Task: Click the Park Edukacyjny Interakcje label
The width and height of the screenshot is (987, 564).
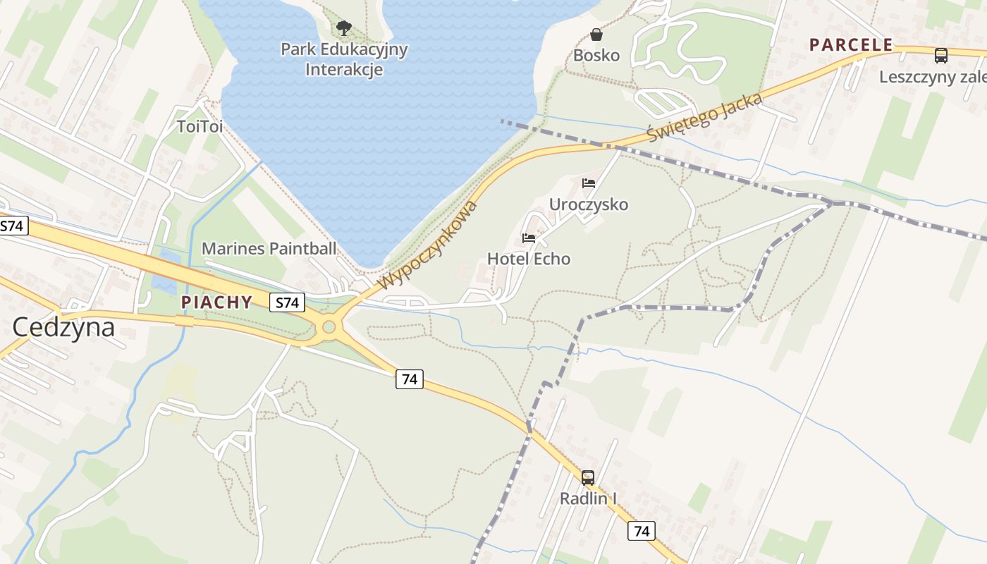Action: pos(344,59)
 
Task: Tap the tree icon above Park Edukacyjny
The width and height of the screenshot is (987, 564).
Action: pos(344,28)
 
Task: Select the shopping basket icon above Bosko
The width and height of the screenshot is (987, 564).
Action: pos(596,35)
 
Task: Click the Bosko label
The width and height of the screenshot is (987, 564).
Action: pos(596,55)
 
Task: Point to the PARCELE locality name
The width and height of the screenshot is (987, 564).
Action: pos(851,45)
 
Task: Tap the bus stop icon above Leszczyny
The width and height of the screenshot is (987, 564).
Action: pos(940,55)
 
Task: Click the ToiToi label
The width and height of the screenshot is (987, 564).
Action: pos(200,127)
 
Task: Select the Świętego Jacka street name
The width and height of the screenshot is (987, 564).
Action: pos(705,117)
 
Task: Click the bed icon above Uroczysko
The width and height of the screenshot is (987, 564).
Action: pos(589,183)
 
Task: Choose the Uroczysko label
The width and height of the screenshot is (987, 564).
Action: pos(589,204)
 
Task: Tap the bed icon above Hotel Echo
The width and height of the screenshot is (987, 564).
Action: pos(529,238)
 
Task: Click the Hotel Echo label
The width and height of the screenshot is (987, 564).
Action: pos(529,259)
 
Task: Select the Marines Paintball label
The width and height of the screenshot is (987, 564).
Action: pos(269,248)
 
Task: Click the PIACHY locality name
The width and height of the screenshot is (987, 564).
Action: pos(216,302)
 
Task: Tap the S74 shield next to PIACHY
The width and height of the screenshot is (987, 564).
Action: pos(287,303)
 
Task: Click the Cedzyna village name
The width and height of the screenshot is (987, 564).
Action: pos(63,327)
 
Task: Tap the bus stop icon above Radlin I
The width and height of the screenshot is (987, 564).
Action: pos(588,478)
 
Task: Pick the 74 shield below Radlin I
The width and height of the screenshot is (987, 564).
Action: pos(641,531)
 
